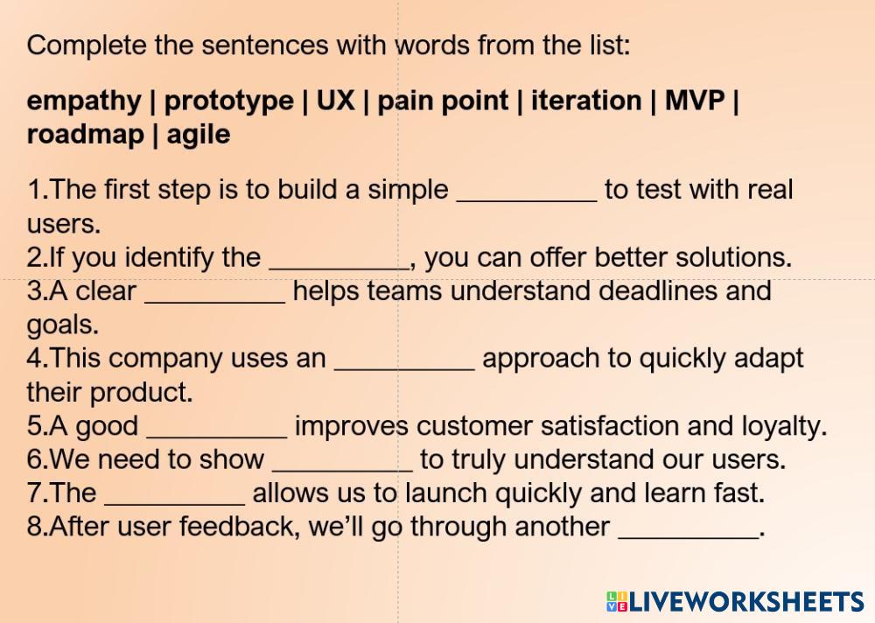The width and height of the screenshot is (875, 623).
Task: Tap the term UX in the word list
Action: (x=335, y=101)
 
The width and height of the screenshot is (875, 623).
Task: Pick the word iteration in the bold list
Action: (x=586, y=101)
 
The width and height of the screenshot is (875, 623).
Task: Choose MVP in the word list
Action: (x=695, y=101)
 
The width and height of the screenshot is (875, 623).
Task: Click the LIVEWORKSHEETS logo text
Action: (x=736, y=602)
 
